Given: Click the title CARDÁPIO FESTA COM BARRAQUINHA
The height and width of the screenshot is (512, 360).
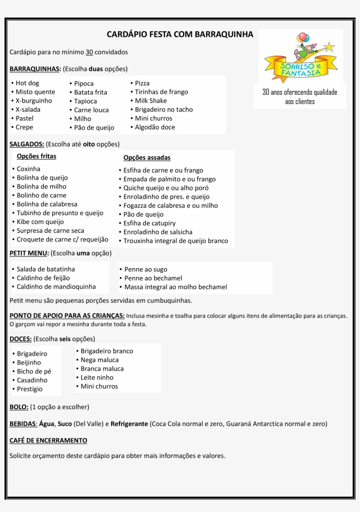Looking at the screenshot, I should pyautogui.click(x=180, y=34).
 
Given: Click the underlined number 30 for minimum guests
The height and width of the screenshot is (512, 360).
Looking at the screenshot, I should pyautogui.click(x=89, y=52).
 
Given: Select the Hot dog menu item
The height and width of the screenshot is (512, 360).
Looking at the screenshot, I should pyautogui.click(x=27, y=83).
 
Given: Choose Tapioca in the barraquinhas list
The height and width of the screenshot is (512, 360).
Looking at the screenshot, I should pyautogui.click(x=85, y=101).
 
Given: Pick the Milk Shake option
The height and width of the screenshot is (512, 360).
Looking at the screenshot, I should pyautogui.click(x=151, y=101).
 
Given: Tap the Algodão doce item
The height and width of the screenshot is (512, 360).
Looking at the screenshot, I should pyautogui.click(x=155, y=127).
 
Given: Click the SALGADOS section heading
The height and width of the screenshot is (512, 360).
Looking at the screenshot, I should pyautogui.click(x=26, y=144).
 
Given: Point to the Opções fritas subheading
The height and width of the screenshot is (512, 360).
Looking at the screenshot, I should pyautogui.click(x=36, y=156).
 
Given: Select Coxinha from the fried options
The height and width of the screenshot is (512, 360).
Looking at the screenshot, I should pyautogui.click(x=29, y=169).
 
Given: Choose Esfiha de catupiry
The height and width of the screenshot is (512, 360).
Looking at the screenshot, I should pyautogui.click(x=149, y=223).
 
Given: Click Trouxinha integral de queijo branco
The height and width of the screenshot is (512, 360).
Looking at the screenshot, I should pyautogui.click(x=176, y=241).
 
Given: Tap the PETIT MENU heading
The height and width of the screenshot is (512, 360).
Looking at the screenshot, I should pyautogui.click(x=29, y=253).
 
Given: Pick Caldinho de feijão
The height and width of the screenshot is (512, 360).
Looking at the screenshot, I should pyautogui.click(x=43, y=278).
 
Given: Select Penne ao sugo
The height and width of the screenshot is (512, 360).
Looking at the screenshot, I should pyautogui.click(x=146, y=269).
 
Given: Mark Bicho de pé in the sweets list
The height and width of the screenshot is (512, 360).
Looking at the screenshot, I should pyautogui.click(x=34, y=371).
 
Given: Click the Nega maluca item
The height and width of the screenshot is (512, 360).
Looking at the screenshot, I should pyautogui.click(x=100, y=360).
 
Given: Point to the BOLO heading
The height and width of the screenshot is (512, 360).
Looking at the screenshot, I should pyautogui.click(x=19, y=407).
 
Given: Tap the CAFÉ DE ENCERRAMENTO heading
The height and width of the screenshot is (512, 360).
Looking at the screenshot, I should pyautogui.click(x=48, y=440).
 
